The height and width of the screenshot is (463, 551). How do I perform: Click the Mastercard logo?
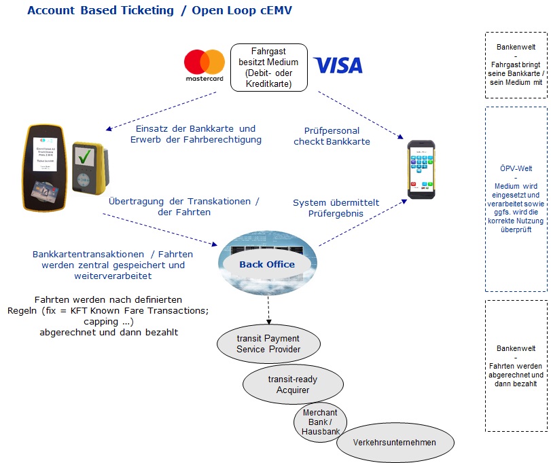point(205,64)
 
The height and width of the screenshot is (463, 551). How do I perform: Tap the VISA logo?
point(338,65)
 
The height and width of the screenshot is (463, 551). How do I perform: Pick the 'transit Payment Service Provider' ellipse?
point(268,344)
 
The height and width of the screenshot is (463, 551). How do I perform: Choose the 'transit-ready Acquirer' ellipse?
point(292,385)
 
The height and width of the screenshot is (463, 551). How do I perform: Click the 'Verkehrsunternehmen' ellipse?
point(395,443)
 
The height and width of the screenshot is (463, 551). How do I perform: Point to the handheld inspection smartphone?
point(421,169)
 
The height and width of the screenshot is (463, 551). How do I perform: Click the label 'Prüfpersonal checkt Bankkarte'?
point(332,136)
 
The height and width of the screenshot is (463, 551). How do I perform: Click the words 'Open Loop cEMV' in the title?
point(242,11)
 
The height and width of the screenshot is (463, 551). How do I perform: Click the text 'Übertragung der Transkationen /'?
point(183,202)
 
